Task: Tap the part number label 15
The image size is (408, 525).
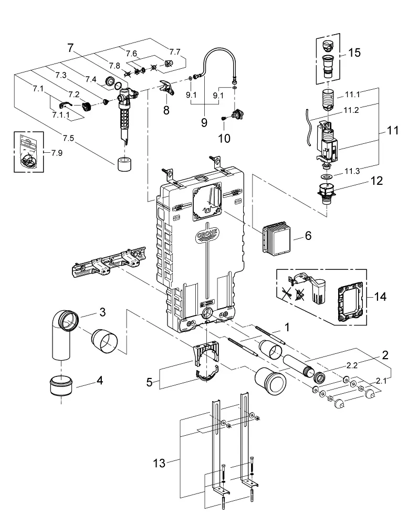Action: tap(354, 52)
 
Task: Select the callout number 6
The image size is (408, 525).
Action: tap(308, 236)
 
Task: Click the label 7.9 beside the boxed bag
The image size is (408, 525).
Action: tap(57, 153)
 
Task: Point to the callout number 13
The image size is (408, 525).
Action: tap(159, 463)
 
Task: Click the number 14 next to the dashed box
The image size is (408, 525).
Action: tap(380, 296)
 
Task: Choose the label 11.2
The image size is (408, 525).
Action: tap(351, 110)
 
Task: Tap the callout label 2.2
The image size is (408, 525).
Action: tap(351, 365)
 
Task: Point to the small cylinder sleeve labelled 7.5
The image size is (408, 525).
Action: tap(124, 163)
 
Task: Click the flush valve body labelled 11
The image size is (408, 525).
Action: tap(328, 141)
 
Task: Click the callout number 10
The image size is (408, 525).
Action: tap(224, 138)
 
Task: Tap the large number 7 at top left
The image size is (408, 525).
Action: tap(70, 48)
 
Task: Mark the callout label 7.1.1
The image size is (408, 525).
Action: tap(60, 115)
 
